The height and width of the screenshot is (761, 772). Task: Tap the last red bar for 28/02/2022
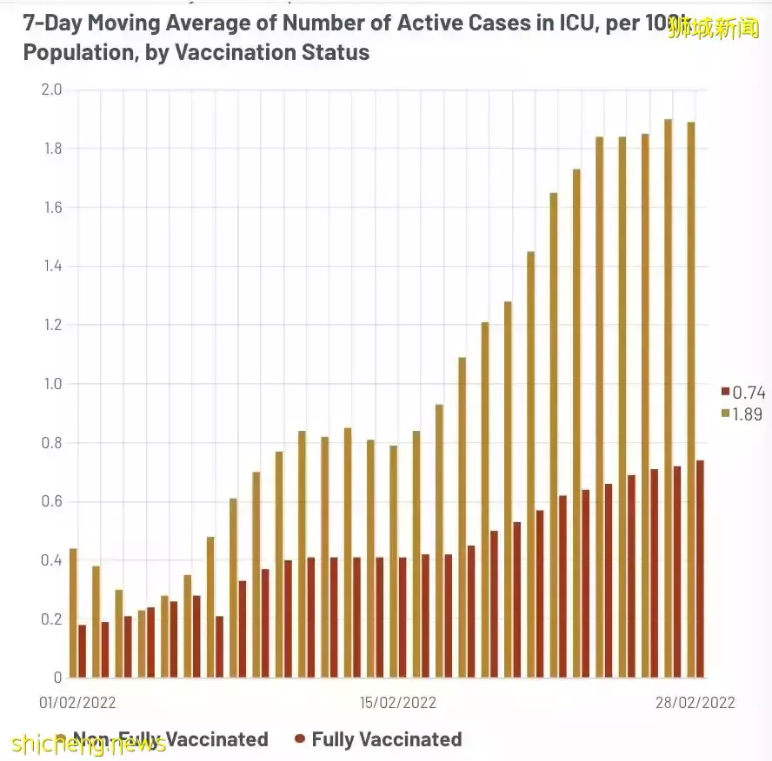[700, 569]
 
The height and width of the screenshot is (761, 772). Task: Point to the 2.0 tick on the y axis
[51, 89]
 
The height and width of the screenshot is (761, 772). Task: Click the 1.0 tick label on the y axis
[51, 384]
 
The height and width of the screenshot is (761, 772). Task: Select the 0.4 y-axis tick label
[51, 560]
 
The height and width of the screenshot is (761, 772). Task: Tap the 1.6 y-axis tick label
[51, 208]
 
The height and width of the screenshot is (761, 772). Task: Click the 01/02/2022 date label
[78, 702]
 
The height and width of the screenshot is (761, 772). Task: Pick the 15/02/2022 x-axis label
[398, 702]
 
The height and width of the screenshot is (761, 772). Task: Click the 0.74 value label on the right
[749, 393]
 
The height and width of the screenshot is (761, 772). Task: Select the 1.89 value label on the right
[749, 414]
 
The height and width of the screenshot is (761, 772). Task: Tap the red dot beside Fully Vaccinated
[300, 739]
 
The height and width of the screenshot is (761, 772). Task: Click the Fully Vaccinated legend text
[386, 739]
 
